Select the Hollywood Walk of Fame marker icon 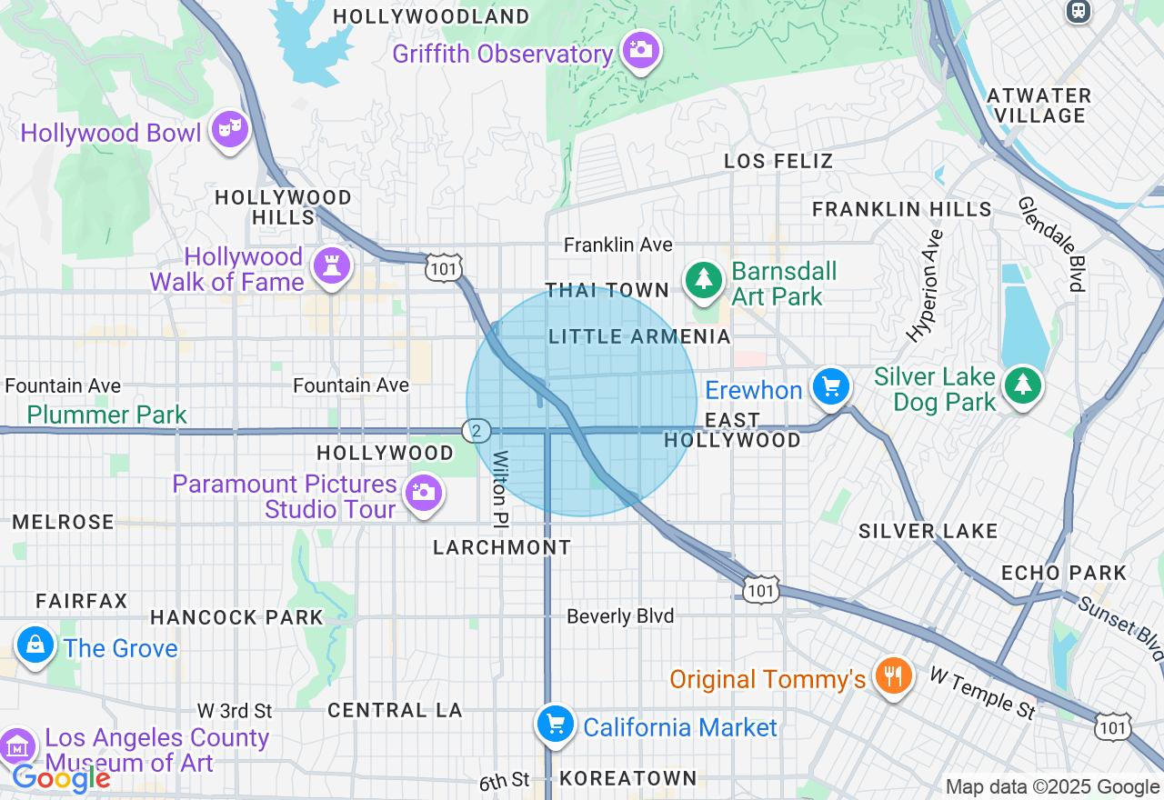pyautogui.click(x=331, y=265)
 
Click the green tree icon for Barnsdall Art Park pyautogui.click(x=703, y=279)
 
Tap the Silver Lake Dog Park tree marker pyautogui.click(x=1023, y=386)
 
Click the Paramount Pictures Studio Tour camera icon pyautogui.click(x=423, y=493)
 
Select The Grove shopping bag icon pyautogui.click(x=35, y=645)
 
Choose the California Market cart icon pyautogui.click(x=555, y=725)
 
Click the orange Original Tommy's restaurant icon pyautogui.click(x=893, y=675)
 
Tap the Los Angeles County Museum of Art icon pyautogui.click(x=17, y=746)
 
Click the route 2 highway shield pyautogui.click(x=476, y=431)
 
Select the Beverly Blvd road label pyautogui.click(x=620, y=616)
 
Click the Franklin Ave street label pyautogui.click(x=618, y=245)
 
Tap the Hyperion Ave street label pyautogui.click(x=928, y=285)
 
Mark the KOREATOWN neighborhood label pyautogui.click(x=628, y=778)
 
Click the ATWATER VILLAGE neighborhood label pyautogui.click(x=1039, y=105)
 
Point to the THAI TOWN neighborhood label pyautogui.click(x=607, y=290)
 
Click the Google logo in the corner pyautogui.click(x=61, y=778)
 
